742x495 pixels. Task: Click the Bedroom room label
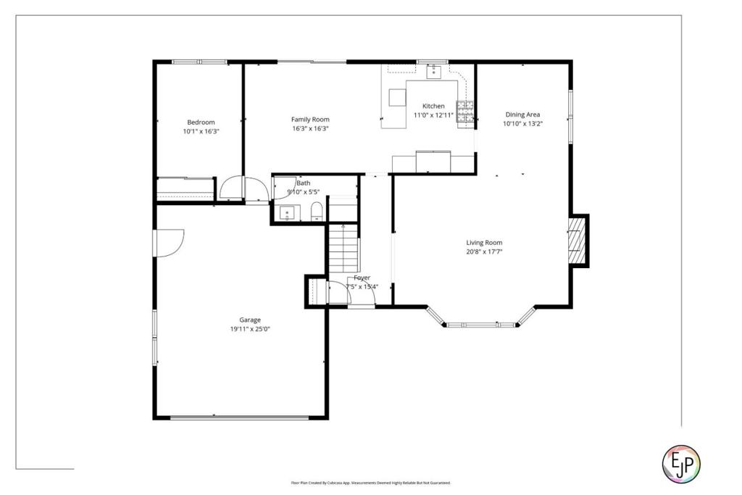point(201,122)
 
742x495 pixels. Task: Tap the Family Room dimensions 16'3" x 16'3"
point(310,128)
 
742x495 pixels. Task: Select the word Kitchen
point(433,106)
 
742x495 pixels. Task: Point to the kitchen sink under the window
point(433,71)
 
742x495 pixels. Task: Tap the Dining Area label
point(522,115)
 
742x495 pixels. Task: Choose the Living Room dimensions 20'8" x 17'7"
point(484,251)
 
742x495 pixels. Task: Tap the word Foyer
point(362,278)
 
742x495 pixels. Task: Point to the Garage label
point(250,320)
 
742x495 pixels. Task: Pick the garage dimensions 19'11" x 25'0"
point(250,328)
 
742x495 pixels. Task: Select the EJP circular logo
point(682,463)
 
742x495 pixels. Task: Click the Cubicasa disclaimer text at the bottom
point(370,483)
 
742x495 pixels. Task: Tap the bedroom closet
point(185,188)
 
